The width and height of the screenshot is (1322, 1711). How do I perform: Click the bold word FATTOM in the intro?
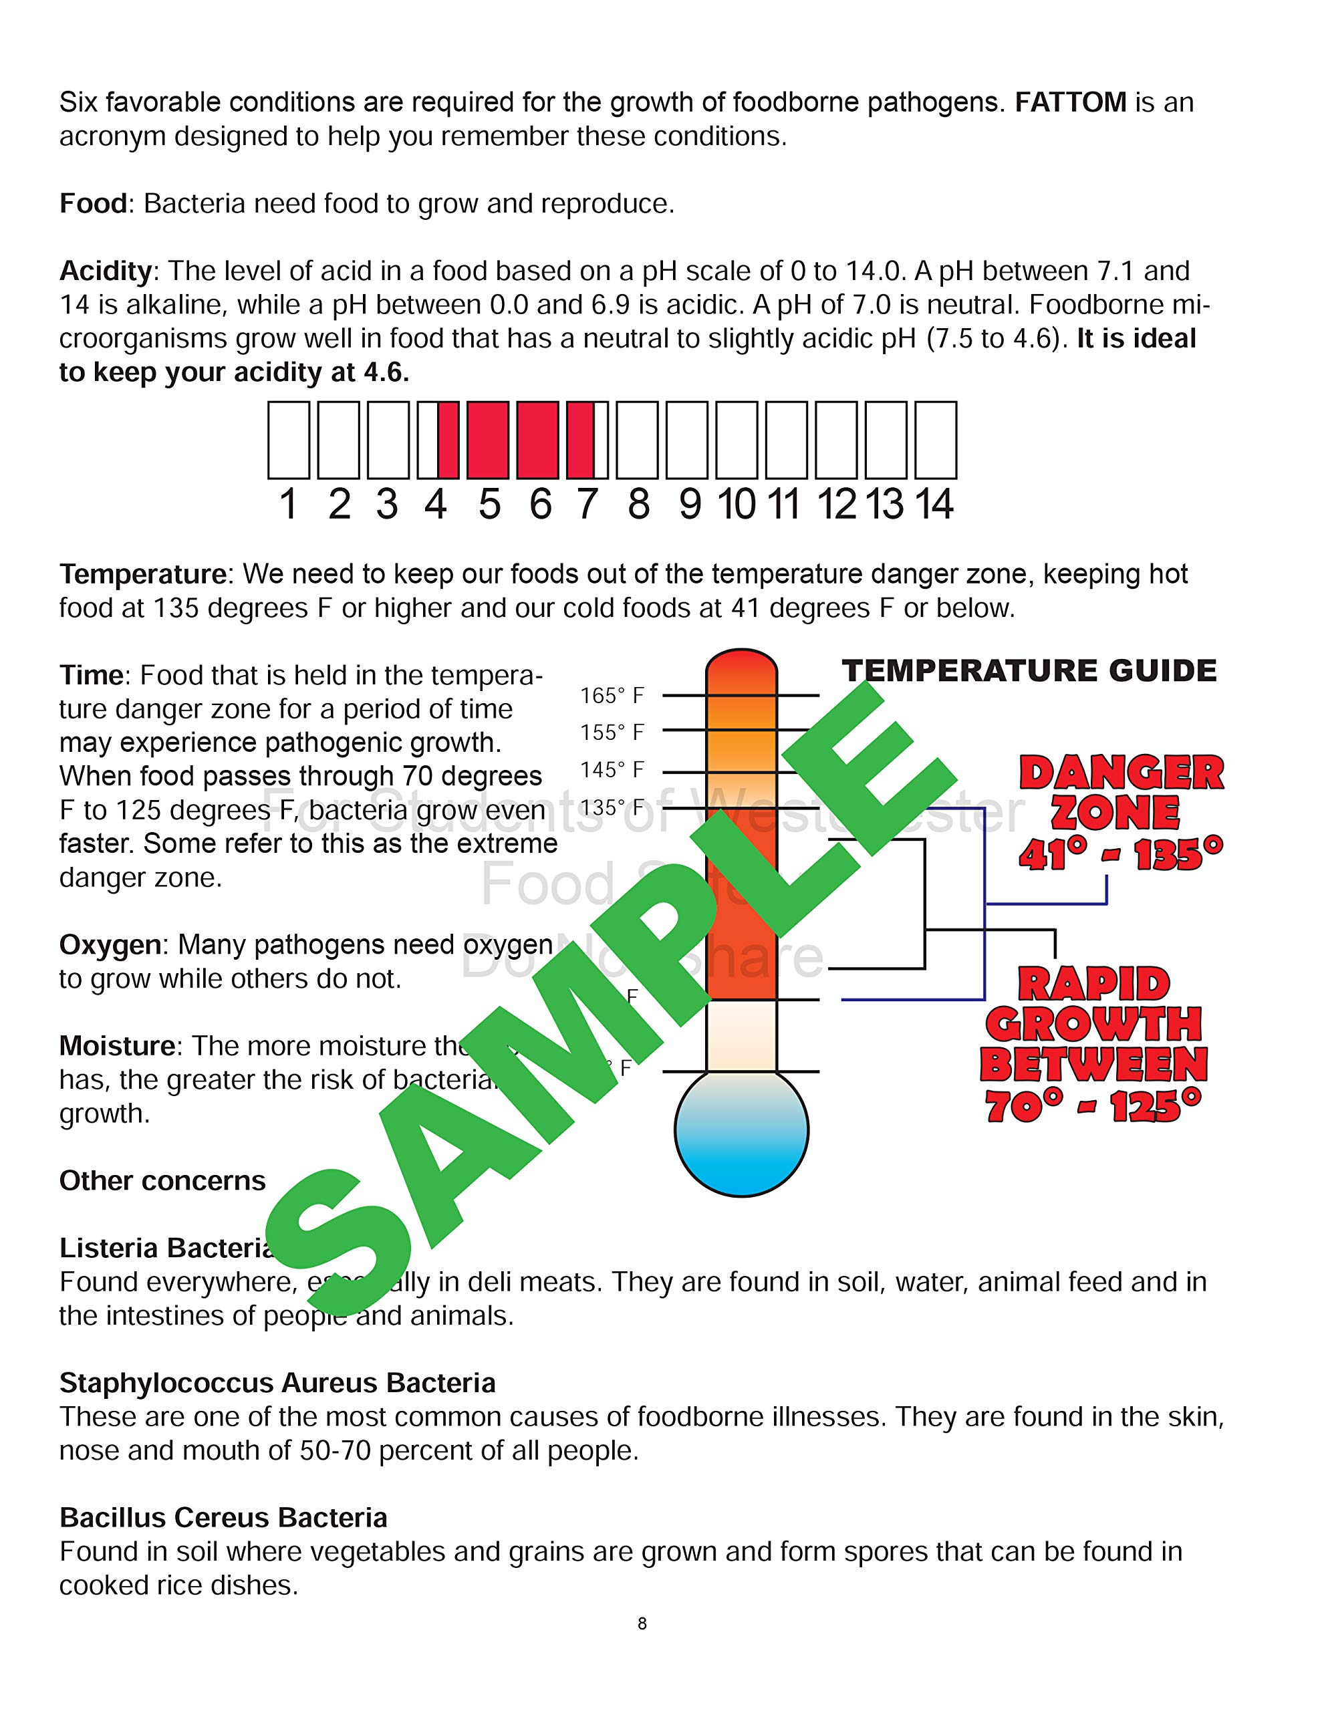click(1069, 103)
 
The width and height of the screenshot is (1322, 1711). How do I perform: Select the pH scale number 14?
click(934, 504)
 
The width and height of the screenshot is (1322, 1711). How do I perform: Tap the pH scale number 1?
click(288, 504)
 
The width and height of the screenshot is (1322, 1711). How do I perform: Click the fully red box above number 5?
click(487, 440)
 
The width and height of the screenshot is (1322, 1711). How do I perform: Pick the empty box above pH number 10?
click(737, 440)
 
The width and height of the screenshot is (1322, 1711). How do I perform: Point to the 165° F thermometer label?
click(612, 696)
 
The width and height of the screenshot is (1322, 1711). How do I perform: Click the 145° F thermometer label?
click(612, 770)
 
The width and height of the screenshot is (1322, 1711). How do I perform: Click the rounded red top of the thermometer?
click(741, 666)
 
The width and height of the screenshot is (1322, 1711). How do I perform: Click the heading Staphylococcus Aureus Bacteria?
click(277, 1383)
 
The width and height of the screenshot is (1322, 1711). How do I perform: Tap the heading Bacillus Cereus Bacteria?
click(223, 1517)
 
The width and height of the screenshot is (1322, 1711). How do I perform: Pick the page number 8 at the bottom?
click(642, 1624)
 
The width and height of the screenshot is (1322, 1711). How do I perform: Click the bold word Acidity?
click(105, 271)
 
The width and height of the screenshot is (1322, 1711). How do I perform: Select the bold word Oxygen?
click(110, 945)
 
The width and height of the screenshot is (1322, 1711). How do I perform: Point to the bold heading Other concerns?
click(162, 1180)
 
